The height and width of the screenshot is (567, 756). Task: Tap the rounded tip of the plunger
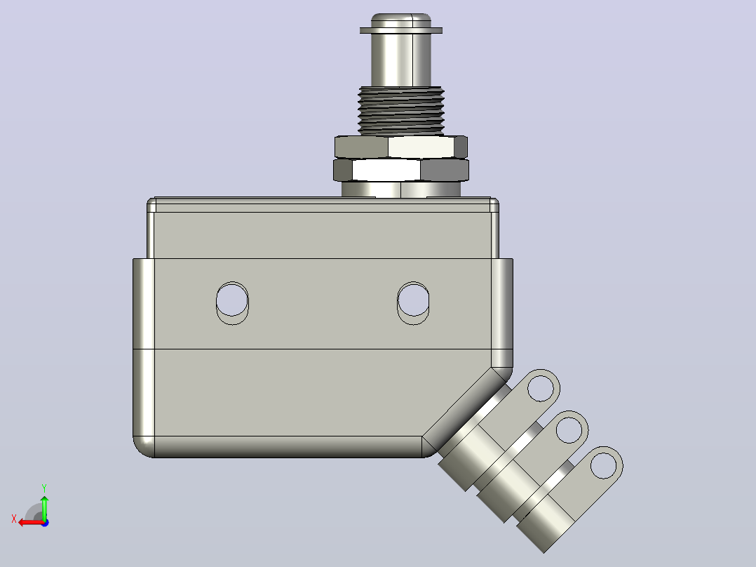click(x=401, y=20)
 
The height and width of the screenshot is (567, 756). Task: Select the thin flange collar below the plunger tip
click(x=401, y=30)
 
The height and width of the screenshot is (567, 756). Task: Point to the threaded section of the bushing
click(x=400, y=110)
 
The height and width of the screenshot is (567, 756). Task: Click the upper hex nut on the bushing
click(x=401, y=147)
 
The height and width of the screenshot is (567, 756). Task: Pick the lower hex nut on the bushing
click(x=401, y=170)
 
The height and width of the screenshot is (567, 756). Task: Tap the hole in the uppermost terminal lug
click(x=541, y=387)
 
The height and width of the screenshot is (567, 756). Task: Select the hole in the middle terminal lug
click(x=569, y=429)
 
